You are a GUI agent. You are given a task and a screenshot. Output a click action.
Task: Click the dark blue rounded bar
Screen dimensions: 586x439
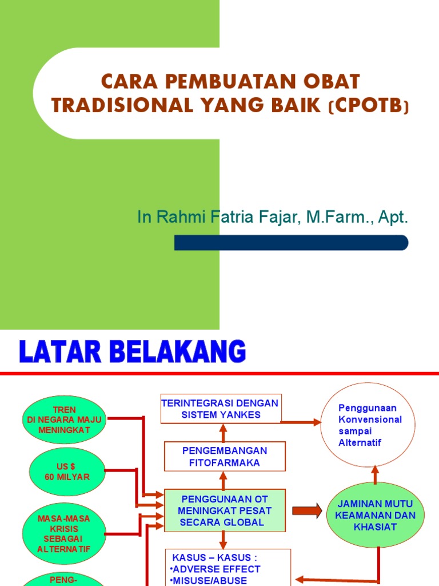tap(291, 243)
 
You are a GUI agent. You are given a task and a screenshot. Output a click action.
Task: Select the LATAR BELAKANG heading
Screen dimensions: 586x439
tap(132, 352)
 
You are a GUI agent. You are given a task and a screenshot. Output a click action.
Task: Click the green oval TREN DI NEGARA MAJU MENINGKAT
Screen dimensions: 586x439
tap(64, 420)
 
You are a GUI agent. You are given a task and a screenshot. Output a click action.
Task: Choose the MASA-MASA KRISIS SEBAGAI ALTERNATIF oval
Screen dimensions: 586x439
tap(64, 533)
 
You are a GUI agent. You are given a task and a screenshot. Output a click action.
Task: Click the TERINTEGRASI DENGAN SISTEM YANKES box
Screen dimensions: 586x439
tap(219, 409)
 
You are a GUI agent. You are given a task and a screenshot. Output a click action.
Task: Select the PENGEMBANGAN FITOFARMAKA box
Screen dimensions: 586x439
tap(225, 456)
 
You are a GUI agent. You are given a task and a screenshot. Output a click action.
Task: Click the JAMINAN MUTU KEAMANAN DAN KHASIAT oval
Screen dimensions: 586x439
tap(375, 516)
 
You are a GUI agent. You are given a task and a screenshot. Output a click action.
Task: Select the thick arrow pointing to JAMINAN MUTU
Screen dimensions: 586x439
tap(307, 510)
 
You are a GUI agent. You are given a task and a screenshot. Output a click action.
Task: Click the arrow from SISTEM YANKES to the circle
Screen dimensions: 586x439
tap(301, 422)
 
